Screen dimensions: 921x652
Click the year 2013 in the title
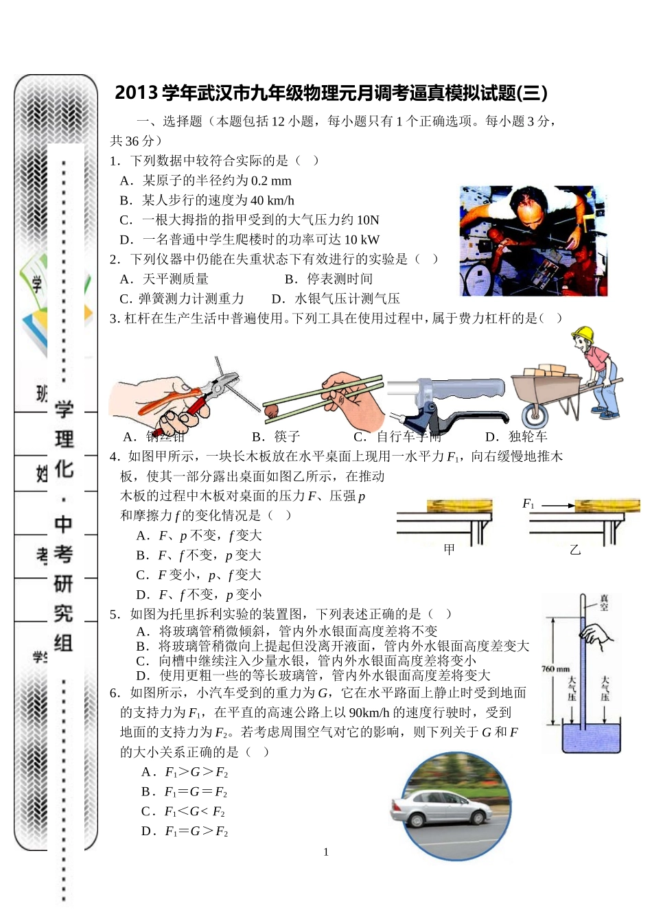coord(137,93)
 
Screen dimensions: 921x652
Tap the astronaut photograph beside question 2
coord(533,240)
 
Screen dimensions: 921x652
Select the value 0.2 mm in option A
coord(271,181)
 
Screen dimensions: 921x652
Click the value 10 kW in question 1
coord(362,240)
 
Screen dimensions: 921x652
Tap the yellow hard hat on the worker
coord(583,334)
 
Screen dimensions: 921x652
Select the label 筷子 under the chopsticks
coord(286,436)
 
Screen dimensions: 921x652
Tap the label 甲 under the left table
coord(449,549)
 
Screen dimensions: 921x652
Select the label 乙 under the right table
coord(575,549)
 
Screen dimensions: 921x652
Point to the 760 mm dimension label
coord(555,668)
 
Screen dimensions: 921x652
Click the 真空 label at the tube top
coord(604,603)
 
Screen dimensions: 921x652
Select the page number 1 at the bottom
coord(326,852)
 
